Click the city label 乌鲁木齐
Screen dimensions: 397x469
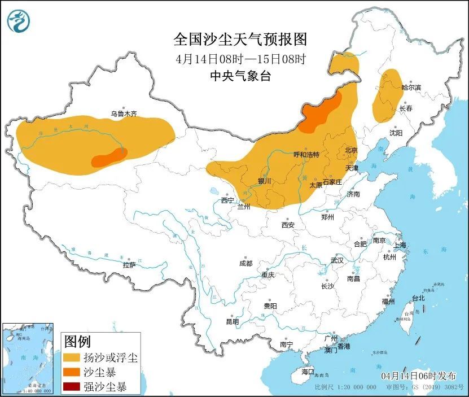[123, 114]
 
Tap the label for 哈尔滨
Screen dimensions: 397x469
[411, 88]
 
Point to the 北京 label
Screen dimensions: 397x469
[351, 150]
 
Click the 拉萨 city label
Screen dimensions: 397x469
[129, 265]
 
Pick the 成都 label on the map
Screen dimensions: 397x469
[246, 264]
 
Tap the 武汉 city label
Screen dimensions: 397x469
[337, 260]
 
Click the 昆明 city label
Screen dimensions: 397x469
[233, 321]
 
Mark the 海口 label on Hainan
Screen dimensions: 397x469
[308, 372]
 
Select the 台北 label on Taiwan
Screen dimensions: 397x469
[418, 298]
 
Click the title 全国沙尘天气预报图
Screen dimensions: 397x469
[240, 39]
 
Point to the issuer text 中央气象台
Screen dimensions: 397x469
[240, 76]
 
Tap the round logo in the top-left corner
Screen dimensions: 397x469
[18, 21]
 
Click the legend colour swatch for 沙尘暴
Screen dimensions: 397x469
[71, 373]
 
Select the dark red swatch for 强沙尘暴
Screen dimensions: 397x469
[71, 387]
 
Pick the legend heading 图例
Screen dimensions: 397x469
[78, 342]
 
